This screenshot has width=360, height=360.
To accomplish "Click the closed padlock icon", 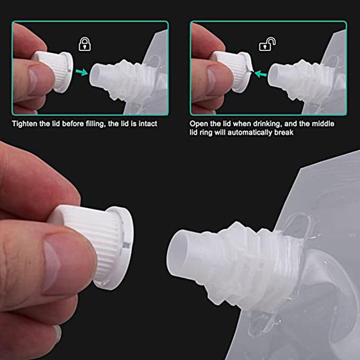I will pos(84,44).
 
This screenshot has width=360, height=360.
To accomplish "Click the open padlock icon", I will pos(267,44).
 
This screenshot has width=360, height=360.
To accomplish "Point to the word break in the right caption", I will pos(282,132).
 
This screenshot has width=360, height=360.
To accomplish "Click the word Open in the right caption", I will pos(199,123).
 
